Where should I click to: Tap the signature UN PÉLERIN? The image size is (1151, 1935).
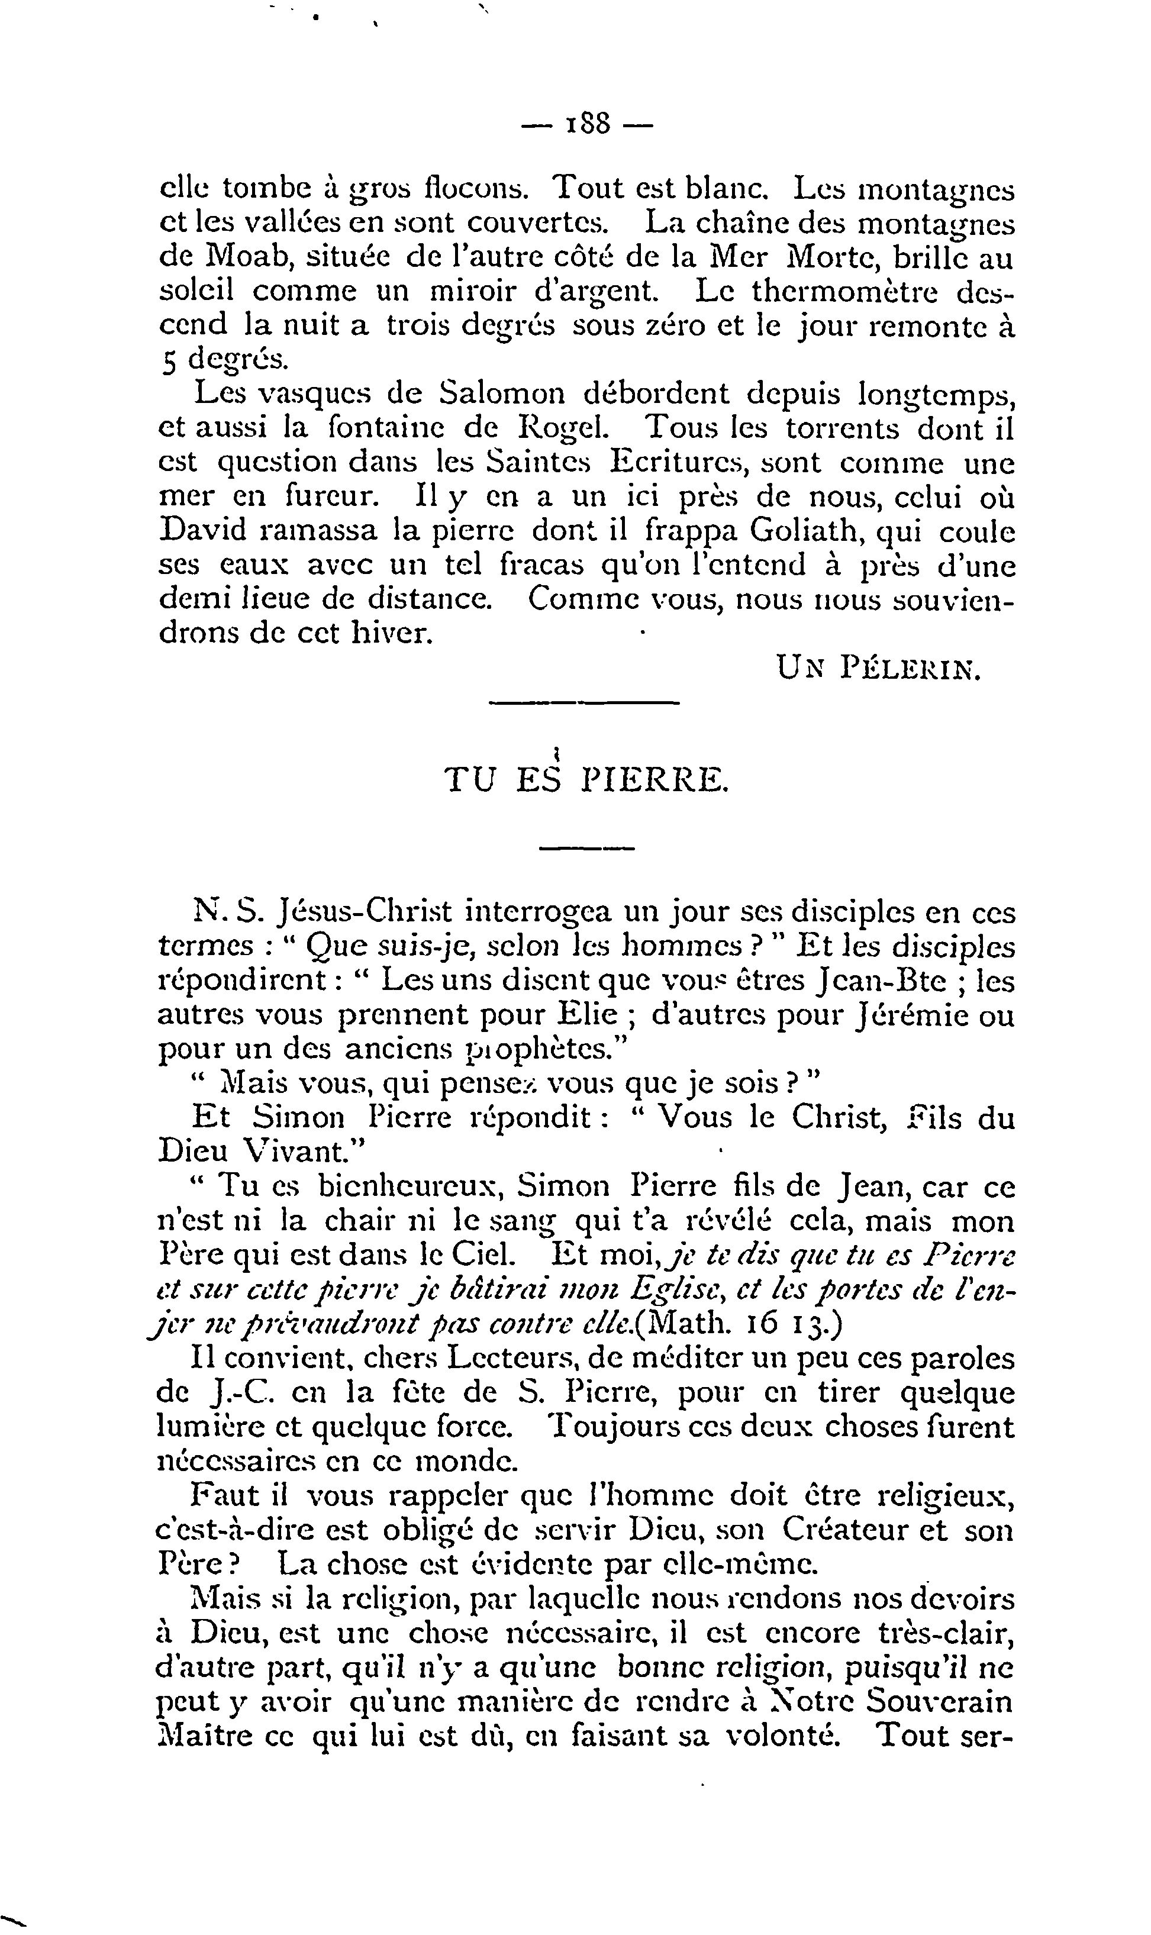(879, 669)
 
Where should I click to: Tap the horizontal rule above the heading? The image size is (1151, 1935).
(583, 704)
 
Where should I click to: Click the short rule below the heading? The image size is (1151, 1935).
(586, 849)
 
